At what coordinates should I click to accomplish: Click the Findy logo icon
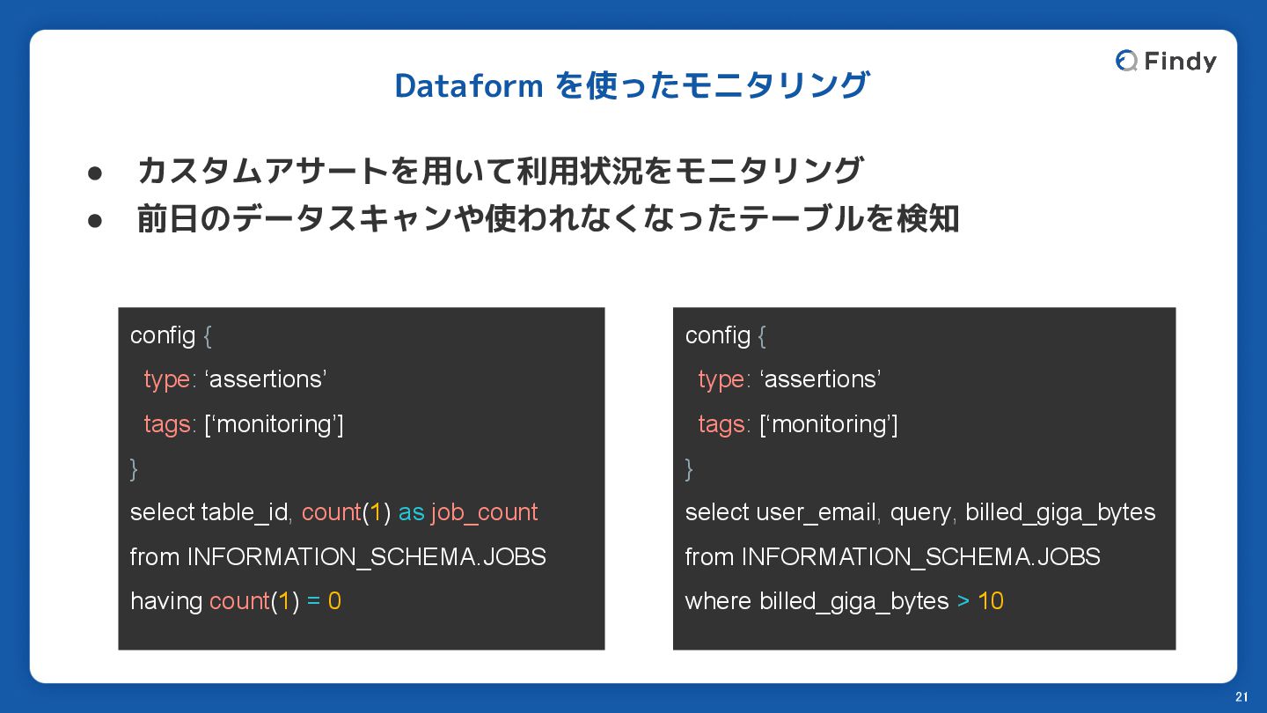[1126, 61]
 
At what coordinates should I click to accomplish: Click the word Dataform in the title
[469, 86]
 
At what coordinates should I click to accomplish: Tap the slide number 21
[1241, 696]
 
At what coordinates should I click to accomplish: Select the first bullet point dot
[94, 173]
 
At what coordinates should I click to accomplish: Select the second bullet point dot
[94, 220]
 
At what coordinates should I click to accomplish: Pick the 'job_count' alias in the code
[484, 512]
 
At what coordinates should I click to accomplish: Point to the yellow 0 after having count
[334, 601]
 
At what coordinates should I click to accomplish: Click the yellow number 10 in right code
[991, 601]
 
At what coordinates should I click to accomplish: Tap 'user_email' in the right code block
[817, 512]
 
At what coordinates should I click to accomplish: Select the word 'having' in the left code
[166, 602]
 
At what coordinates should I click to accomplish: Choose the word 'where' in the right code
[719, 601]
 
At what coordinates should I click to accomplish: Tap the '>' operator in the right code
[963, 601]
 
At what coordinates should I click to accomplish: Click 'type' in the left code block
[167, 380]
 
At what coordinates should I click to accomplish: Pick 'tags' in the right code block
[721, 425]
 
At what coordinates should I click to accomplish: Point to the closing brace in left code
[134, 469]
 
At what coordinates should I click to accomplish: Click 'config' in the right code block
[718, 336]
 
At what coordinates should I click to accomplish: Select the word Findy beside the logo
[1181, 62]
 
